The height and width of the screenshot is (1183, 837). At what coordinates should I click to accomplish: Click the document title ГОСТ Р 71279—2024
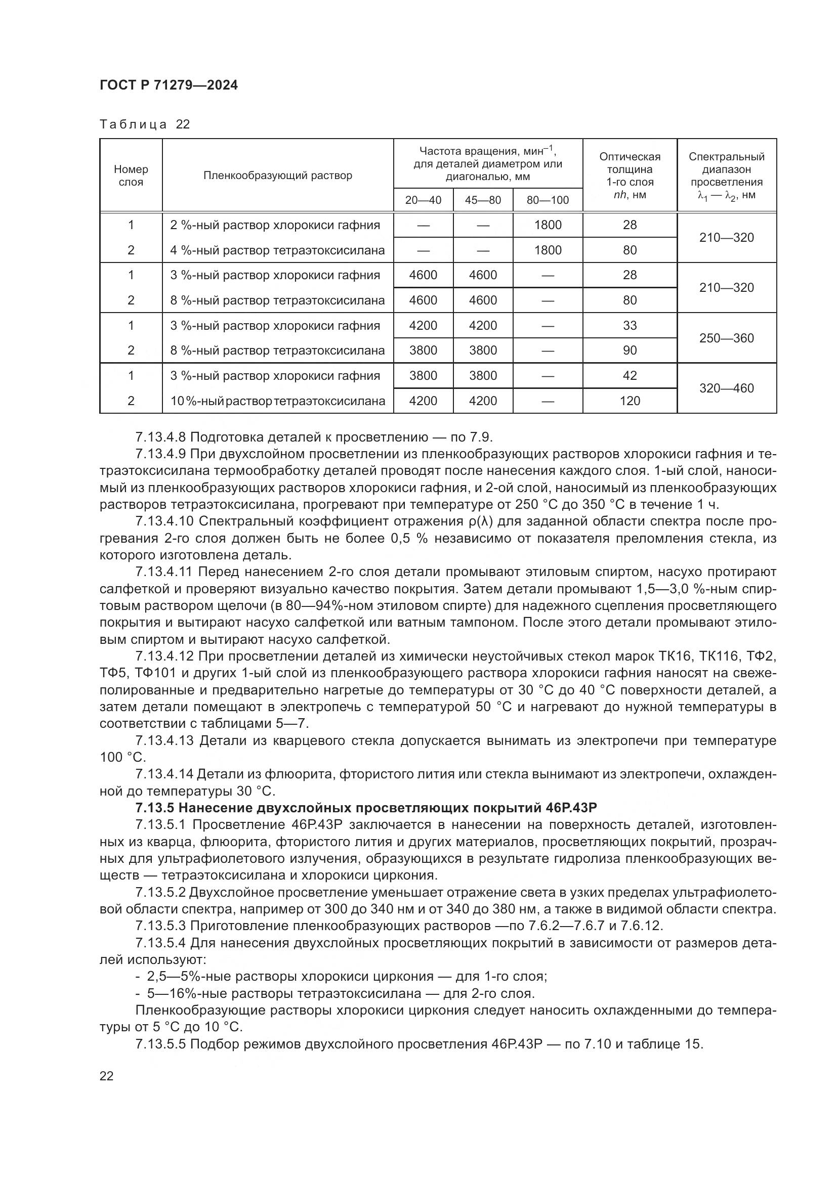click(169, 85)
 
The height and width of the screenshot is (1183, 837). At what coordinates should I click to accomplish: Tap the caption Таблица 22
click(145, 124)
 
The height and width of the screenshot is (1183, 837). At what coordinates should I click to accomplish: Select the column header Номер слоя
click(131, 175)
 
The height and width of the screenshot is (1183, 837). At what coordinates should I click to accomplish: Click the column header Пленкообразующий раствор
click(278, 175)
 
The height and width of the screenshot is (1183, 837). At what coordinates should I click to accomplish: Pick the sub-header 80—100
click(548, 200)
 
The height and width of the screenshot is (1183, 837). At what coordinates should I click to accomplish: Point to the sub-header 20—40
click(423, 200)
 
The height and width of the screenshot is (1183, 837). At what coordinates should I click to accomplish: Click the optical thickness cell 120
click(630, 401)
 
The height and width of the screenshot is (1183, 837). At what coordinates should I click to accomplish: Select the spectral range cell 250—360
click(726, 338)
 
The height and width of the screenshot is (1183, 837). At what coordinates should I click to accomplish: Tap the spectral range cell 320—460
click(726, 388)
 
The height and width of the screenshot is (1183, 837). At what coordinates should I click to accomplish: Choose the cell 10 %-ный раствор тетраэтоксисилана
click(278, 401)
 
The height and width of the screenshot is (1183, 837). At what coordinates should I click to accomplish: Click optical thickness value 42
click(630, 376)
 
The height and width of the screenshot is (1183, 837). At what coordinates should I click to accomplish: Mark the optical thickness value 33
click(630, 326)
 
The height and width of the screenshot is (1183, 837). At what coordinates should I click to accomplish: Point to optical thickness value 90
click(630, 350)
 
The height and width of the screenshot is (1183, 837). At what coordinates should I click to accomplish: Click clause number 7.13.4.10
click(164, 521)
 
